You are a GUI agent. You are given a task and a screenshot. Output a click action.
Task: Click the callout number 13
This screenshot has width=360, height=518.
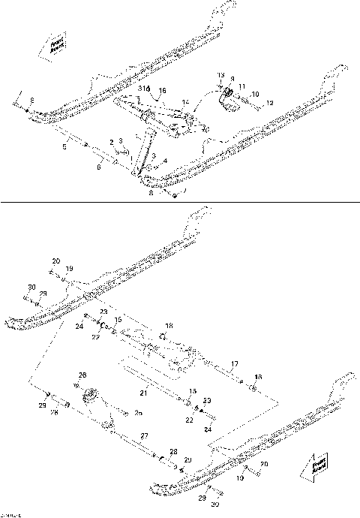[221, 76]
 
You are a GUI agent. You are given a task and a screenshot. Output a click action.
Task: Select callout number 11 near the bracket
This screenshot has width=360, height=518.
[241, 86]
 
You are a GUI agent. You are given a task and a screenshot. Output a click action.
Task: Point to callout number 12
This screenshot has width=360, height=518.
[271, 101]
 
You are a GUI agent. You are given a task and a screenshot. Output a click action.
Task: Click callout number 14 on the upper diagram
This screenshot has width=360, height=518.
[185, 101]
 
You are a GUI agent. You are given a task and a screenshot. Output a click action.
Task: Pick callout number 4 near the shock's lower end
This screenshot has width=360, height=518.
[164, 160]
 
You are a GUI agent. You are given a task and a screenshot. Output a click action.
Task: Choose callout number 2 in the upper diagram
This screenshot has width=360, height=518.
[112, 142]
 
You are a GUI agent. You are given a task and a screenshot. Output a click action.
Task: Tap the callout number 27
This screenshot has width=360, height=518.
[145, 435]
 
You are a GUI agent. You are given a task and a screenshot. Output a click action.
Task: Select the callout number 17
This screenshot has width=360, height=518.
[235, 365]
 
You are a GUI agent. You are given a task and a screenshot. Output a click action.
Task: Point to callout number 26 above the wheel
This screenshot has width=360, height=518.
[82, 375]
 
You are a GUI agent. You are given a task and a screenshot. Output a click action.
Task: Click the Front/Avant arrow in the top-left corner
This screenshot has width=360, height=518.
[56, 47]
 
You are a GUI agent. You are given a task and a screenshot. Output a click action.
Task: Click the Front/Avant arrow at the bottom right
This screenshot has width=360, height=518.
[313, 467]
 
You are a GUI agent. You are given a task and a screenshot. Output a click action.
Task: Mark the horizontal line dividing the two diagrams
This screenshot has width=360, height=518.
[180, 201]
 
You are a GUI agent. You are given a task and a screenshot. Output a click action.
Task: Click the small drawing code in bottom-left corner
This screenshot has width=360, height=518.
[10, 513]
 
